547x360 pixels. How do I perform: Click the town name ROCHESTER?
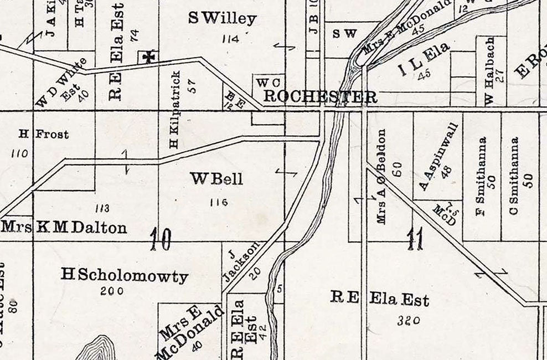coord(320,96)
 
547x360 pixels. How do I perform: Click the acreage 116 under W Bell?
coord(219,202)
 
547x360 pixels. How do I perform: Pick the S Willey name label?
coord(223,19)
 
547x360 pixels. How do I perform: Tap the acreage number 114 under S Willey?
coord(229,39)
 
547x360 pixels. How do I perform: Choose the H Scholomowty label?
coord(125,275)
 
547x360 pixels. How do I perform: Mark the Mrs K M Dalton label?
coord(64,227)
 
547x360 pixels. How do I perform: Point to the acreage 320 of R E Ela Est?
coord(409,320)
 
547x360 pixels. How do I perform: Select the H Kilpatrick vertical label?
coord(175,110)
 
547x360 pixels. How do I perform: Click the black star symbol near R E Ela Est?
coord(148,56)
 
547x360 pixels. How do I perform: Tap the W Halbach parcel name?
coord(490,70)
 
